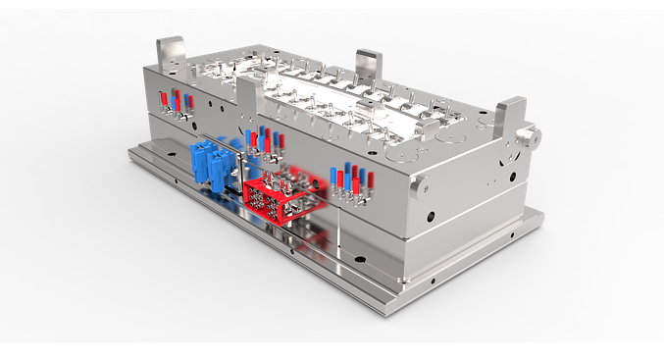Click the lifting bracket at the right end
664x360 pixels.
point(512,121)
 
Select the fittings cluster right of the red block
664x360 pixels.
point(348,181)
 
